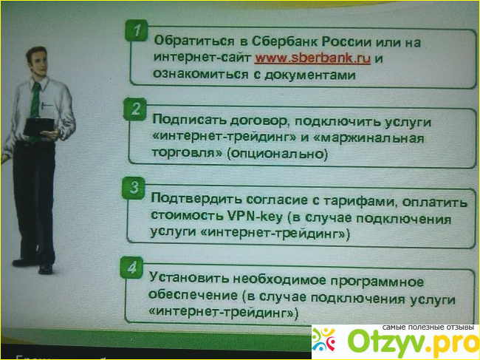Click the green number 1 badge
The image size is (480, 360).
click(137, 30)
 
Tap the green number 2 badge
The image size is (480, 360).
click(135, 109)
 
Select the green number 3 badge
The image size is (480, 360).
click(134, 188)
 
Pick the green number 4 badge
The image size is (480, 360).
click(132, 268)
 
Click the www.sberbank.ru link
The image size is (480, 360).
click(312, 58)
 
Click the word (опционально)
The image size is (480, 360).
click(278, 153)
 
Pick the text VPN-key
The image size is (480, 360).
click(255, 217)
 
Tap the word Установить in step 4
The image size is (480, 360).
click(189, 278)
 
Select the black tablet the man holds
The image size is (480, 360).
click(39, 126)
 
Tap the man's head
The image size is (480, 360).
click(37, 61)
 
